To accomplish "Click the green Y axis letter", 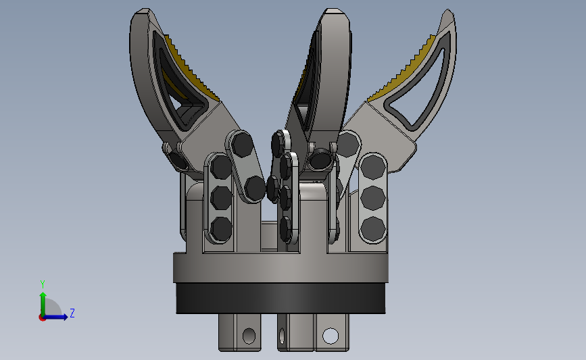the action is pos(43,284).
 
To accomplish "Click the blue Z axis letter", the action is pos(72,313).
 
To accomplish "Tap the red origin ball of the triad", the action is pos(42,317).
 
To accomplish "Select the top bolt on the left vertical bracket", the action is pos(221,167).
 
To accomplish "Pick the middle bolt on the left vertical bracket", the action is pos(221,197).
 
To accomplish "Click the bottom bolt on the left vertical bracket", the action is pos(221,228).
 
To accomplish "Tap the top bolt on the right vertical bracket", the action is pos(372,167).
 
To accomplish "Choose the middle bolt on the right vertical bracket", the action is pos(372,198).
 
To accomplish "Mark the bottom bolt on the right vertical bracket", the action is pos(372,228).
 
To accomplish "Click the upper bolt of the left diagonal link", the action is pos(242,145).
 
